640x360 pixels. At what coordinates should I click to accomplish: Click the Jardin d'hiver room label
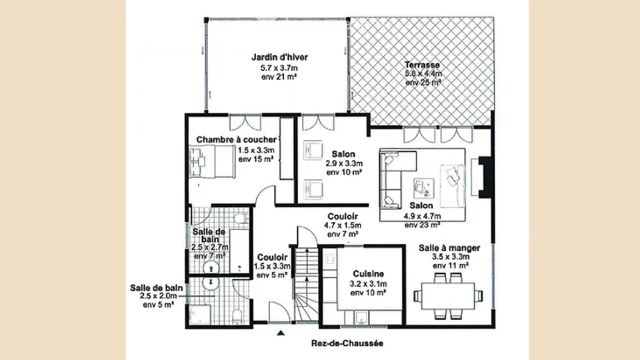[x=279, y=57]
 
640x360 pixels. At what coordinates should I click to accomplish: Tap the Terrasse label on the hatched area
[x=422, y=65]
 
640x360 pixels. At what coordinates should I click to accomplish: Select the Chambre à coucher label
[x=236, y=139]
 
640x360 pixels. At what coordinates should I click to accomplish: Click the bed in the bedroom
[x=212, y=161]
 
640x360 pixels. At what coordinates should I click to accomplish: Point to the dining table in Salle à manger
[x=448, y=296]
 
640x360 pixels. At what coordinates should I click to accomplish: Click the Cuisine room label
[x=369, y=274]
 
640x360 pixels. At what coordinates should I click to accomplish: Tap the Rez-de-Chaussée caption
[x=347, y=343]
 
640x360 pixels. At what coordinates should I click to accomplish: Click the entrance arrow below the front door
[x=281, y=333]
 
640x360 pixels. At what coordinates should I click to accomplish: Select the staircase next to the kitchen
[x=306, y=284]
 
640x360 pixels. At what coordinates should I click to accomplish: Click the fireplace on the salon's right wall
[x=485, y=177]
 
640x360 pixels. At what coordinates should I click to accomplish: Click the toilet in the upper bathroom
[x=241, y=219]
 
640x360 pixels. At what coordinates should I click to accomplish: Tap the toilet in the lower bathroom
[x=237, y=316]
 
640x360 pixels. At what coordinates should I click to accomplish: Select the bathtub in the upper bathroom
[x=239, y=251]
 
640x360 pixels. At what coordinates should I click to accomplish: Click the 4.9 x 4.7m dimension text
[x=423, y=216]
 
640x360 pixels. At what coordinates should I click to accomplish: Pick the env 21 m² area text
[x=279, y=77]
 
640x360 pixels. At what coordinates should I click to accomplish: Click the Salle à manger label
[x=449, y=248]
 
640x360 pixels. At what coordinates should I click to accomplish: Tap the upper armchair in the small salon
[x=313, y=150]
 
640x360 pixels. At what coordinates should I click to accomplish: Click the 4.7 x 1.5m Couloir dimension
[x=343, y=225]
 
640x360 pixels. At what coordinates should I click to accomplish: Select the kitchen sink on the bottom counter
[x=361, y=317]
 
